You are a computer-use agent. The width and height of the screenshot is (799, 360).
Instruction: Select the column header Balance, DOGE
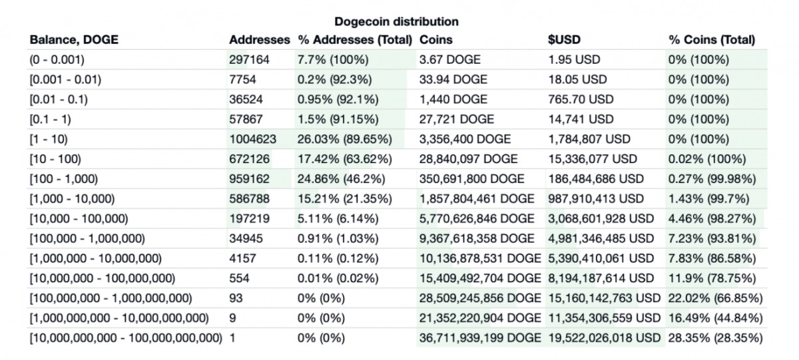pyautogui.click(x=74, y=40)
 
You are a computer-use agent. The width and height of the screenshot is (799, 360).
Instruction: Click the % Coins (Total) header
pyautogui.click(x=711, y=40)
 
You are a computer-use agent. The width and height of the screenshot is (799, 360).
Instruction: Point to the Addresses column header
pyautogui.click(x=259, y=40)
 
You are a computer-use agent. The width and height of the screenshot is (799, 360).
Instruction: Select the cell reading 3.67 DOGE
pyautogui.click(x=449, y=60)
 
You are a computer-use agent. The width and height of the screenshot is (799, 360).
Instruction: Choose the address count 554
pyautogui.click(x=239, y=278)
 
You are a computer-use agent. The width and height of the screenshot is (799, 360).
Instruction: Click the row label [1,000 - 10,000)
pyautogui.click(x=72, y=199)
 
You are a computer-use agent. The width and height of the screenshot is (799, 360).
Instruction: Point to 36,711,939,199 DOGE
pyautogui.click(x=479, y=338)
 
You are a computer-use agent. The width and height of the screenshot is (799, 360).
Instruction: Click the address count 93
pyautogui.click(x=236, y=298)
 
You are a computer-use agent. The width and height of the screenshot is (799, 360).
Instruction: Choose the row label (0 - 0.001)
pyautogui.click(x=57, y=60)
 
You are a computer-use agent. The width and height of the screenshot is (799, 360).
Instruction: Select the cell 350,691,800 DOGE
pyautogui.click(x=471, y=179)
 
